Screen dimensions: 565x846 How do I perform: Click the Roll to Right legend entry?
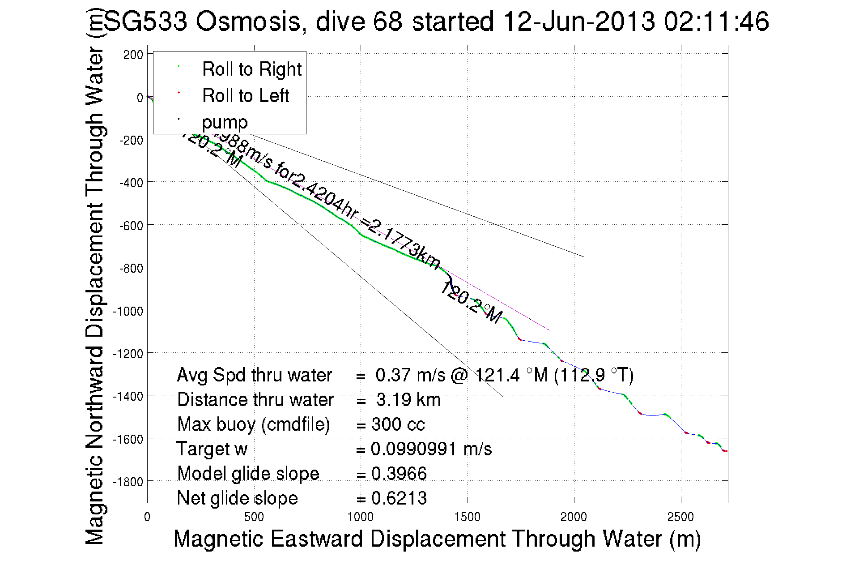(x=251, y=69)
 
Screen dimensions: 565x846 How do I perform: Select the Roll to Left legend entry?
(x=245, y=96)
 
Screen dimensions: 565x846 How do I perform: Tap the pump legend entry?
(x=225, y=122)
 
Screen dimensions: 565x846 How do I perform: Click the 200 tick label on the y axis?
(x=133, y=55)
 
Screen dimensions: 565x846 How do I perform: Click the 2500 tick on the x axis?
(x=680, y=518)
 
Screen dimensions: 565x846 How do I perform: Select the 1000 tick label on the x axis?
(x=360, y=518)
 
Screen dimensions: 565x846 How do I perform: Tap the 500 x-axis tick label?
(x=254, y=518)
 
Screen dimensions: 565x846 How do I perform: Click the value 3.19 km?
(x=408, y=400)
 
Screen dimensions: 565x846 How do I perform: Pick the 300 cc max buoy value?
(x=398, y=424)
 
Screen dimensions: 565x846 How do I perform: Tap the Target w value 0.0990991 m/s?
(x=431, y=449)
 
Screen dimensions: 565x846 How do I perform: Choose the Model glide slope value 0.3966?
(x=399, y=474)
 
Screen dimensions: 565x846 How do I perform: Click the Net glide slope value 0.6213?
(x=399, y=498)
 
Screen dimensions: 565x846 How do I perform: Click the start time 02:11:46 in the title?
(x=716, y=21)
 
